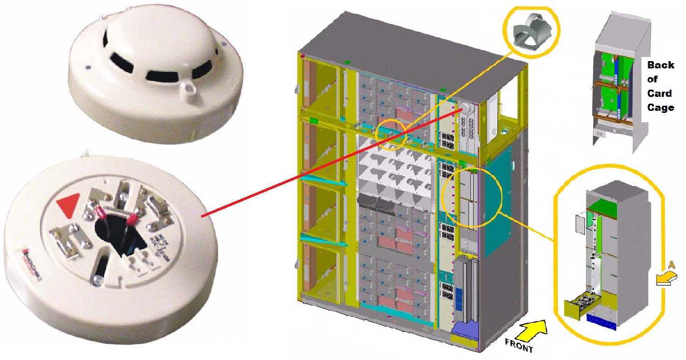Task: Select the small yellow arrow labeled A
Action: pyautogui.click(x=663, y=279)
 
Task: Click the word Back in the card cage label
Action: pyautogui.click(x=661, y=65)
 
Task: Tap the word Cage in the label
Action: pyautogui.click(x=661, y=107)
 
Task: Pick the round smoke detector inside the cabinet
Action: pyautogui.click(x=464, y=107)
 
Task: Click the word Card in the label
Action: pyautogui.click(x=659, y=93)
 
